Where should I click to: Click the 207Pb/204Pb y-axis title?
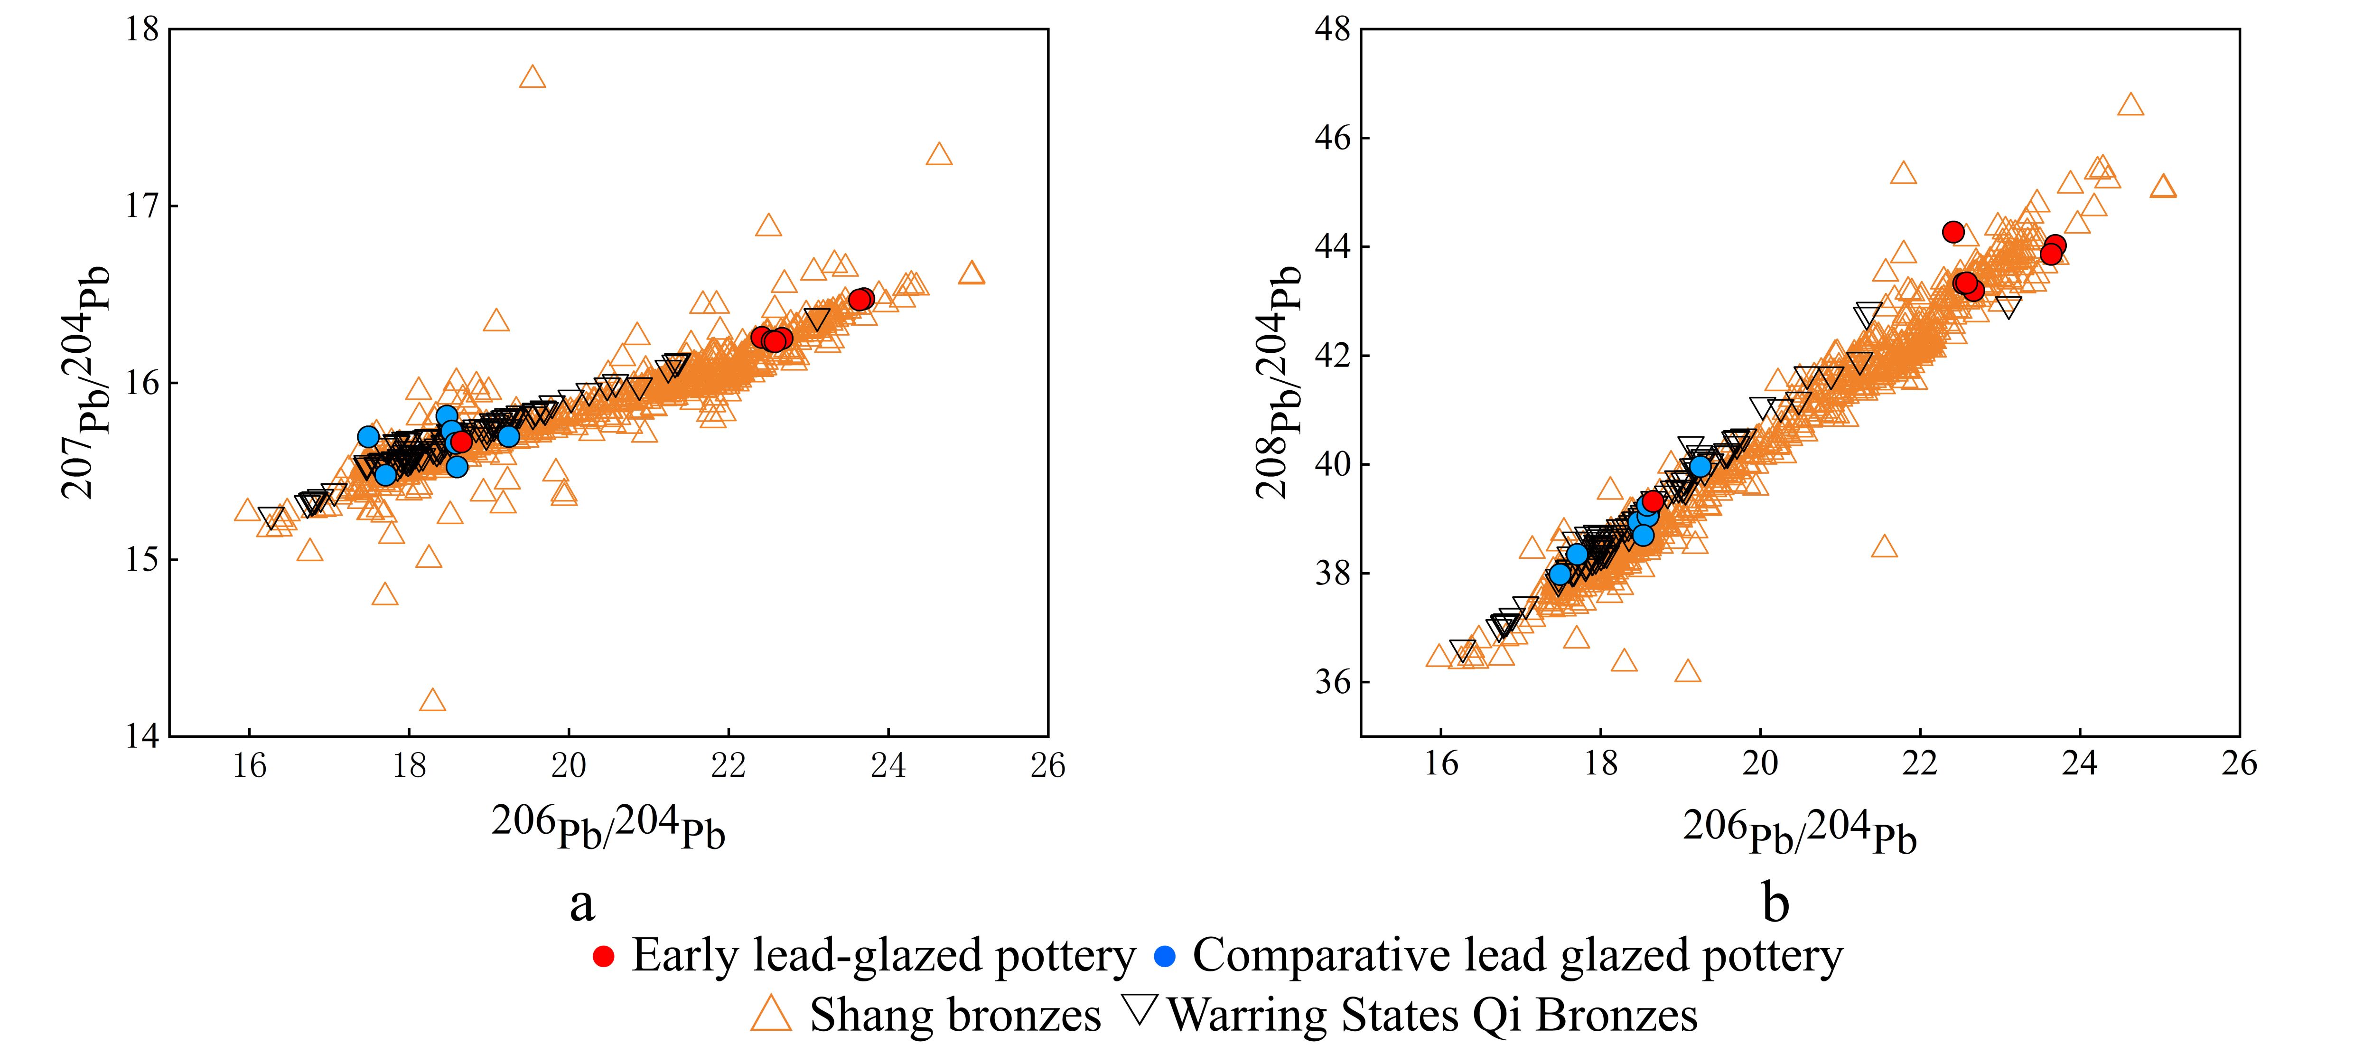[x=87, y=382]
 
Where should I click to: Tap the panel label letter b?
[x=1775, y=903]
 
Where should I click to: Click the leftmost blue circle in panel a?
[x=368, y=437]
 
